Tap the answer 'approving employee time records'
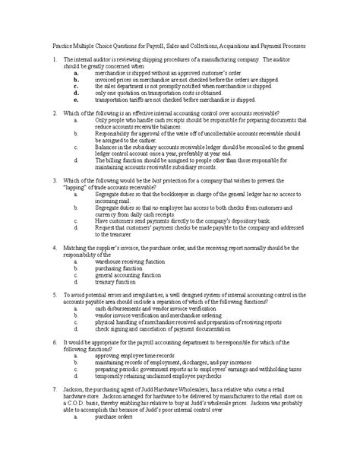(137, 355)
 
